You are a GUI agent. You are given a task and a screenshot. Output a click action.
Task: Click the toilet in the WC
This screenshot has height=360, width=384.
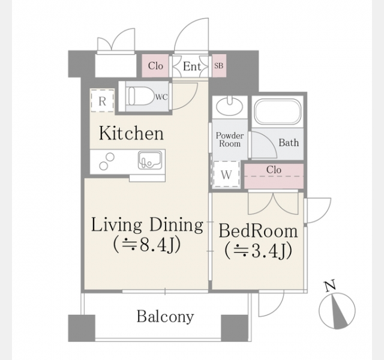coord(140,96)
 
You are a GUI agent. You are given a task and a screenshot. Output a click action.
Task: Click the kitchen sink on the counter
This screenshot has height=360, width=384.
coord(149,160)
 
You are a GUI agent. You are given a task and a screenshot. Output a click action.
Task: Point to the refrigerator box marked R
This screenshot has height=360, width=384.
coord(103,101)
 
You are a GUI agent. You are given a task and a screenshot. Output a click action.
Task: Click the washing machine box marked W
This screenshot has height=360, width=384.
coord(226,175)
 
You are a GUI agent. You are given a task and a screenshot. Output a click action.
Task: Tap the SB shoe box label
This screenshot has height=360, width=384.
coord(218,65)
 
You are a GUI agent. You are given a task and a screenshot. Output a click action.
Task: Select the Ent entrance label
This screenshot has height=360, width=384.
coord(192,66)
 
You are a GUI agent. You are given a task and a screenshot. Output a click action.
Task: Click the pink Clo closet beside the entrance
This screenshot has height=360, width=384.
coord(155,65)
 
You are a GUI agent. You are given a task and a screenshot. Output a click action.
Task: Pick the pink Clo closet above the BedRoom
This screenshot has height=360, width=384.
coord(274,176)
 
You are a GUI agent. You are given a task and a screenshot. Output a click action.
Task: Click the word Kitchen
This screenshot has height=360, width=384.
coord(131,133)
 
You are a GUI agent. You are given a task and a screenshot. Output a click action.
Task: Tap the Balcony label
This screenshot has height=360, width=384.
coord(166,316)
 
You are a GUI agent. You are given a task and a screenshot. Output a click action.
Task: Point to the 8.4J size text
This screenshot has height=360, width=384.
coord(160,244)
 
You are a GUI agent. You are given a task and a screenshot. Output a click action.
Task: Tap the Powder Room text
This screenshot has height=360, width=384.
coord(229,140)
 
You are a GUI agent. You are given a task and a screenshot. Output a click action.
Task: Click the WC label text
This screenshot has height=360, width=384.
coord(161,97)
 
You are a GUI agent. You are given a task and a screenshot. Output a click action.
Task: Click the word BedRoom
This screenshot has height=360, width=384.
coord(258,230)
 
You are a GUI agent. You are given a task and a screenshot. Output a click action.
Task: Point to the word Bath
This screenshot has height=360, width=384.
coord(289,143)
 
